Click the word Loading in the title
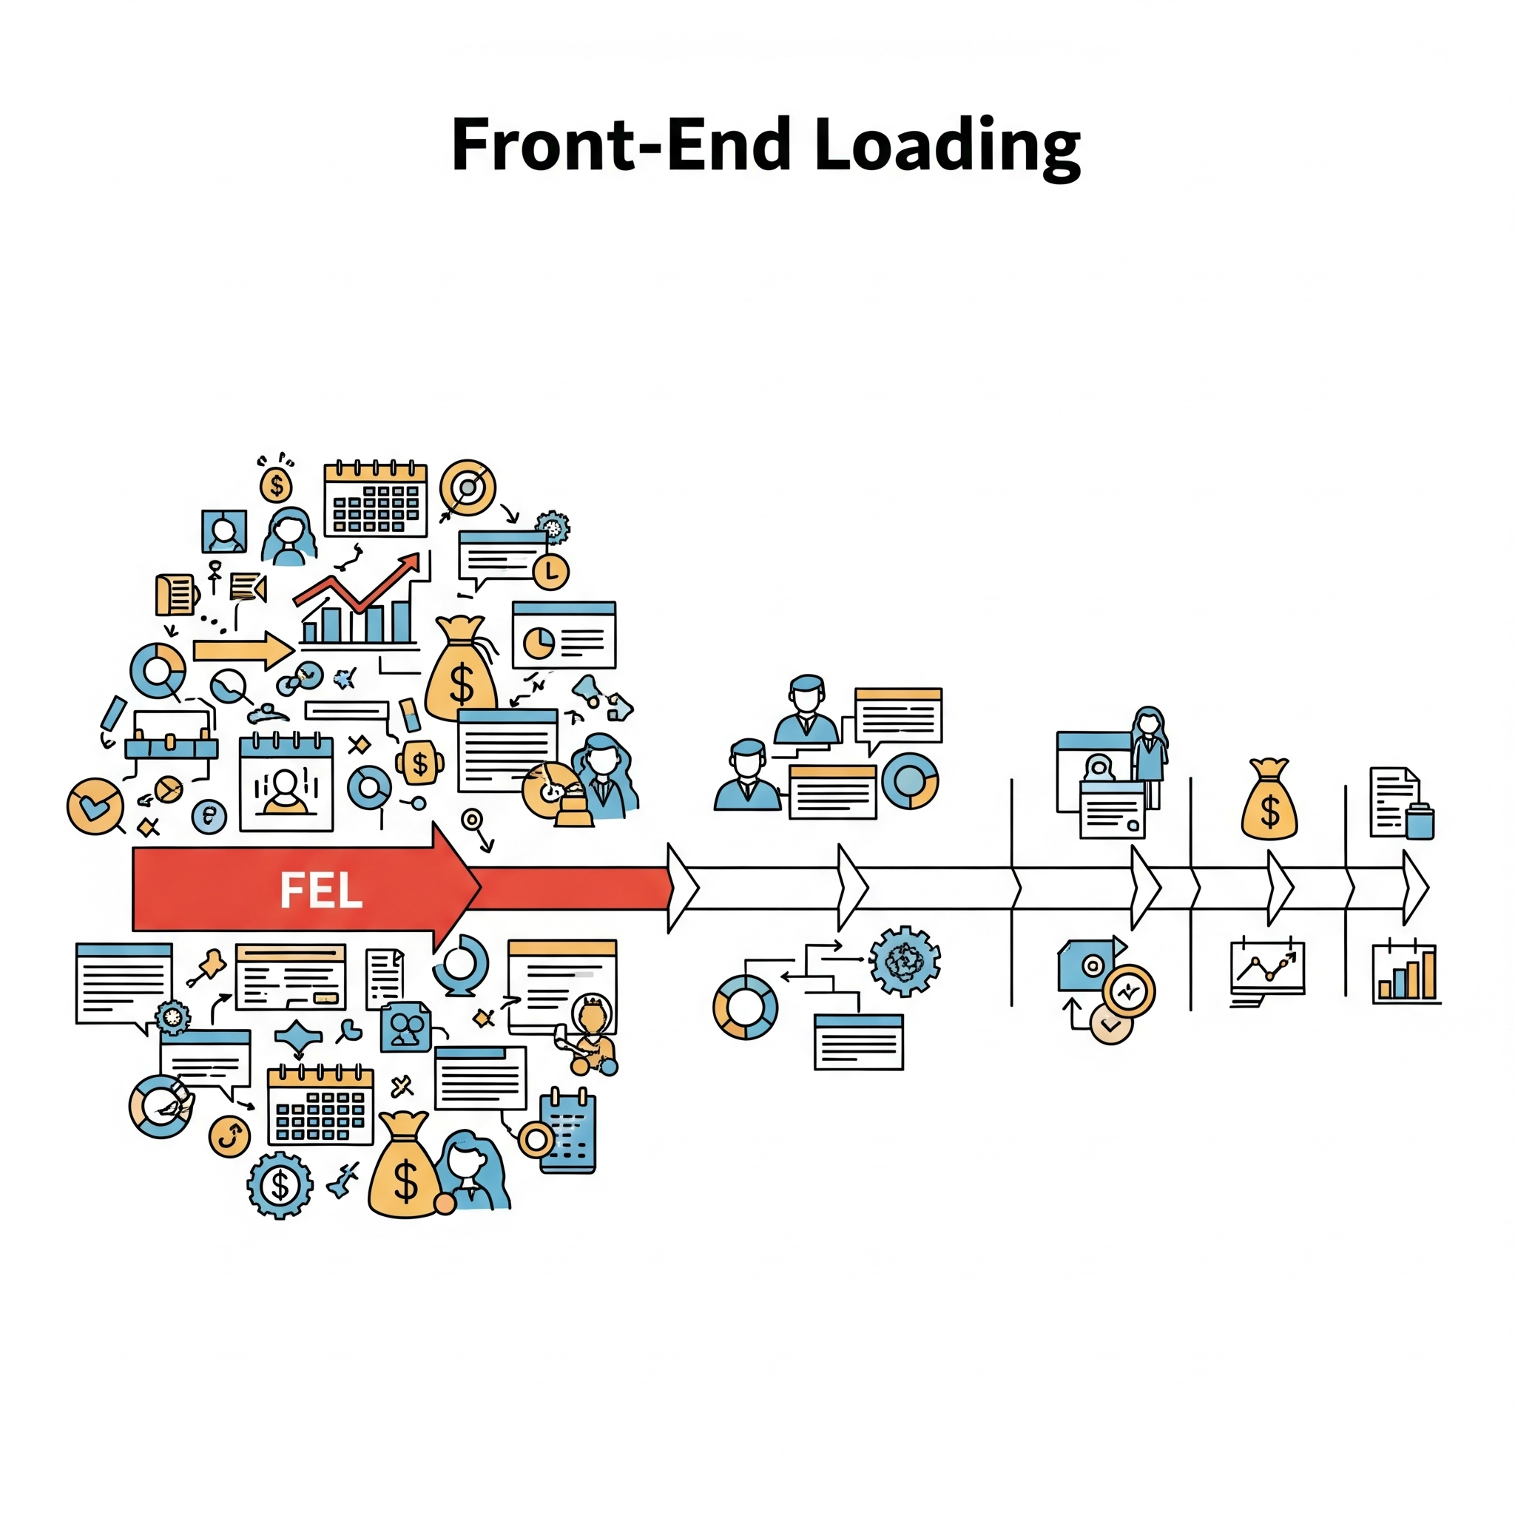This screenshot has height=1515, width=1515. (x=948, y=146)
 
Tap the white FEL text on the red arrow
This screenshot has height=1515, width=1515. (x=321, y=890)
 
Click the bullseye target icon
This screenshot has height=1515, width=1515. (x=468, y=487)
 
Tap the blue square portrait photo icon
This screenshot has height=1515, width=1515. (x=224, y=532)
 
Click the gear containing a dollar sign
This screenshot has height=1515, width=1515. (x=280, y=1184)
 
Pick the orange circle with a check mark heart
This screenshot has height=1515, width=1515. (x=95, y=806)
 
